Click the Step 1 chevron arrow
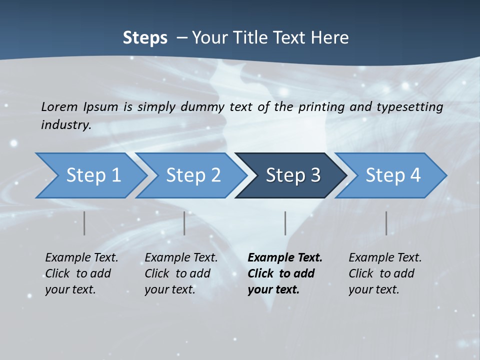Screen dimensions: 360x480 click(x=93, y=175)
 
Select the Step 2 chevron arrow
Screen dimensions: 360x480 click(x=193, y=175)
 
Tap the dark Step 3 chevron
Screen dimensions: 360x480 click(x=293, y=175)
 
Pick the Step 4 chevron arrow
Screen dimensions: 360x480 click(x=393, y=175)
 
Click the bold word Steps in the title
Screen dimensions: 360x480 click(x=145, y=38)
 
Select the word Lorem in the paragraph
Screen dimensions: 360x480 click(x=59, y=107)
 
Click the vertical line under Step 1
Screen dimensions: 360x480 click(x=84, y=223)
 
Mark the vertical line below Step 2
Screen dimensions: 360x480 click(x=184, y=223)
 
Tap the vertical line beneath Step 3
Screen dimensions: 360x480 click(x=285, y=223)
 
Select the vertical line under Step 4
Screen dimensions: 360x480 click(x=386, y=223)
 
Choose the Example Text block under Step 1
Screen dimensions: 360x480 click(x=81, y=273)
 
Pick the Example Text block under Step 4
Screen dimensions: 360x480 click(x=385, y=273)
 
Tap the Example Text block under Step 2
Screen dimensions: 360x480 click(x=181, y=273)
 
